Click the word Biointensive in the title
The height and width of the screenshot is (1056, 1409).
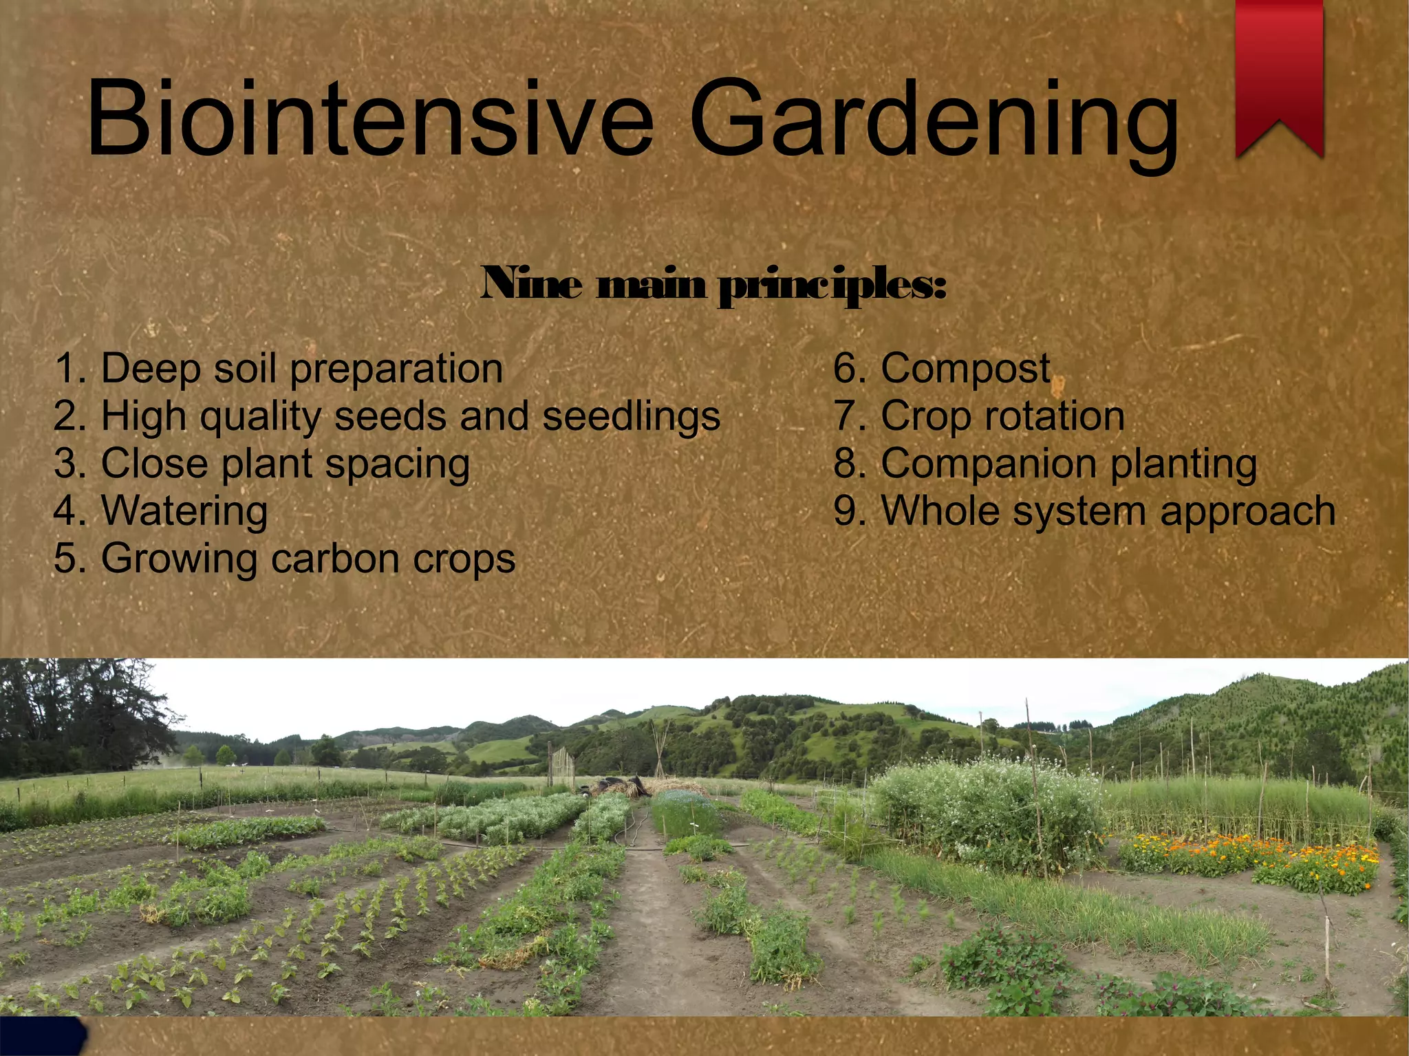click(x=369, y=118)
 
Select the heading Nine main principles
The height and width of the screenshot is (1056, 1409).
click(x=713, y=283)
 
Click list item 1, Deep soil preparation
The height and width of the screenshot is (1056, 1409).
click(x=278, y=369)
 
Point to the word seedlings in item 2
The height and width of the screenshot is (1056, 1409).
click(x=631, y=416)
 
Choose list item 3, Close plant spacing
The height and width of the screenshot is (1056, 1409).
click(x=261, y=464)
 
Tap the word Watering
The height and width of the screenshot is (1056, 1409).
click(x=184, y=511)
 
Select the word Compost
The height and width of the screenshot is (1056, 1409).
click(x=965, y=369)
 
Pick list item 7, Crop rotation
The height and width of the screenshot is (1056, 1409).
click(x=979, y=416)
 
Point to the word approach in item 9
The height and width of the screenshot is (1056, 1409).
click(x=1247, y=511)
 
